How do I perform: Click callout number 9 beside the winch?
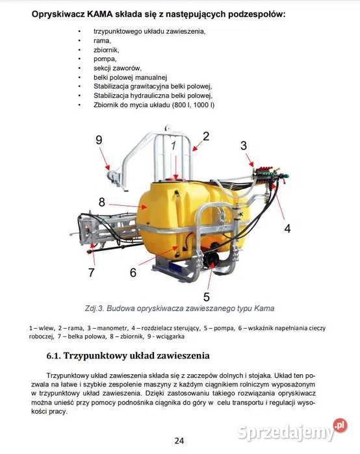point(99,140)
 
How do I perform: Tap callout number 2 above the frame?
point(206,136)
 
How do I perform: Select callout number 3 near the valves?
point(244,146)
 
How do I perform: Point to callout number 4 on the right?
point(287,229)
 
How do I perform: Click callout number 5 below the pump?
point(207,297)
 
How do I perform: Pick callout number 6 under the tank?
point(133,272)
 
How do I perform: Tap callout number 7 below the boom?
point(92,272)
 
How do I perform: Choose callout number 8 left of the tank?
point(101,202)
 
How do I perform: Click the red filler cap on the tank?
point(175,178)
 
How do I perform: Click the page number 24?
point(179,440)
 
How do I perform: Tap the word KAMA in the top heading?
point(99,14)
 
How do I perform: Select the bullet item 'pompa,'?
point(105,59)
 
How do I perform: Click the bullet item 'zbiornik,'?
point(107,50)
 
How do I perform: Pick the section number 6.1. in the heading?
point(53,355)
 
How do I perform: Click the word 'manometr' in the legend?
point(112,328)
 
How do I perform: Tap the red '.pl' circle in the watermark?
point(340,425)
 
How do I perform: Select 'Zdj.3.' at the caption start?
point(94,309)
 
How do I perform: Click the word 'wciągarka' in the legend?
point(170,336)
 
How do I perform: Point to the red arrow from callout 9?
point(105,158)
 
